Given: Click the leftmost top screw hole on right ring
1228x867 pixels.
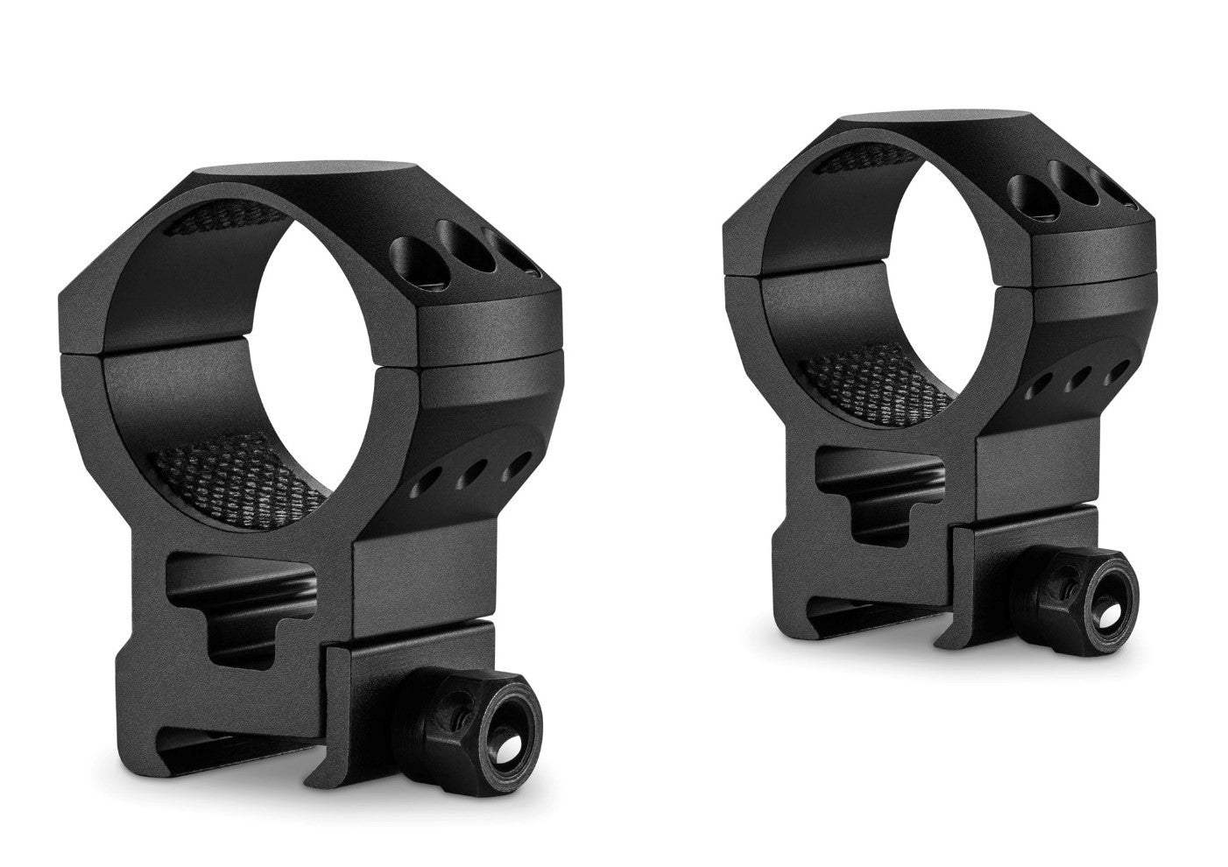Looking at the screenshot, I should [x=1026, y=189].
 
